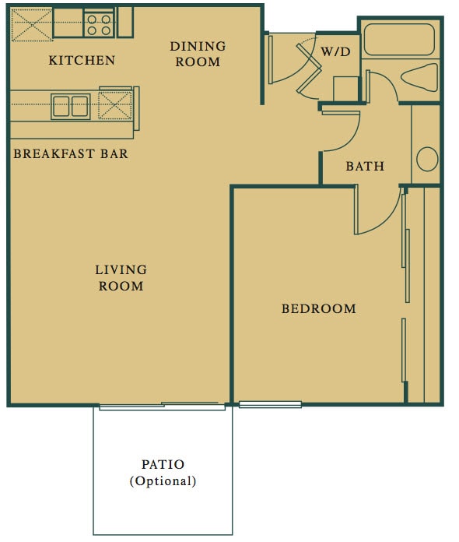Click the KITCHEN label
click(x=82, y=61)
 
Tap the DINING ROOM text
click(x=198, y=54)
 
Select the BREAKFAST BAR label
click(x=71, y=153)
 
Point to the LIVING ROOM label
click(x=121, y=278)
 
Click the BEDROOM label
click(x=318, y=309)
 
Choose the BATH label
click(x=365, y=167)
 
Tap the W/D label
click(x=335, y=51)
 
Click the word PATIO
click(x=163, y=465)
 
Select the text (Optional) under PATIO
click(x=163, y=481)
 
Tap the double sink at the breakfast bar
click(x=70, y=105)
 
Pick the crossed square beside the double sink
click(x=114, y=105)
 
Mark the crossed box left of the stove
click(x=31, y=24)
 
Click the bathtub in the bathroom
click(x=400, y=39)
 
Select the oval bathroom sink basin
click(x=427, y=159)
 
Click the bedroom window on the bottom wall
click(x=270, y=404)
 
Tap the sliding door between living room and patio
click(x=162, y=406)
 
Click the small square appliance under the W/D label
click(x=345, y=88)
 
